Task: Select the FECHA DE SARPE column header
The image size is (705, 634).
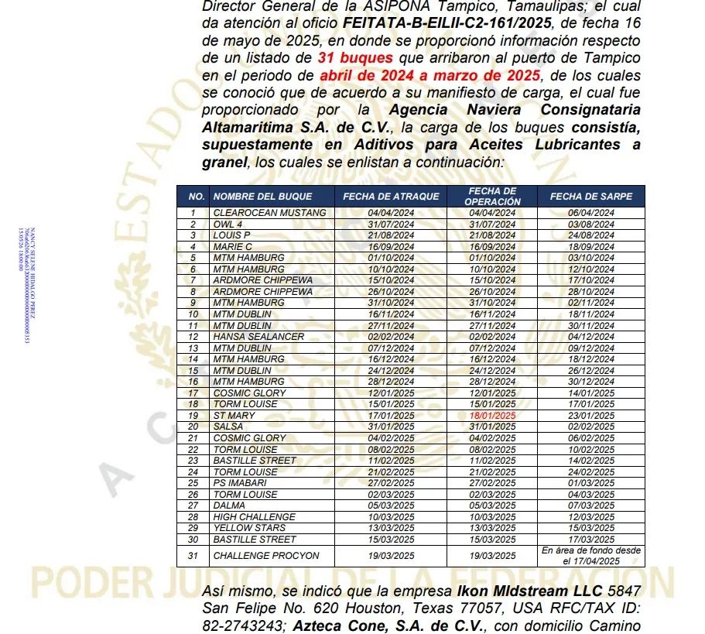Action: [590, 197]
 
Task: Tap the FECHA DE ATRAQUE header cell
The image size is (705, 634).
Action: [391, 197]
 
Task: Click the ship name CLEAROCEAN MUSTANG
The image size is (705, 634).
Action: [269, 212]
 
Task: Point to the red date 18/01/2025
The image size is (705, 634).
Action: [492, 416]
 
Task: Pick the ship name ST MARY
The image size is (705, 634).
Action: [234, 416]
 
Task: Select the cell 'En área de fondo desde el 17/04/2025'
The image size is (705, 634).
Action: [590, 556]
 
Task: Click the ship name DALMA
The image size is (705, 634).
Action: [229, 505]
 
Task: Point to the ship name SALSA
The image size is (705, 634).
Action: [228, 427]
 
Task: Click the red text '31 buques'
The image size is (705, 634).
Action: [354, 57]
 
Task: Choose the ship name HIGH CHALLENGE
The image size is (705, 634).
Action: [254, 516]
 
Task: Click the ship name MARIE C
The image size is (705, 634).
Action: [232, 246]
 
